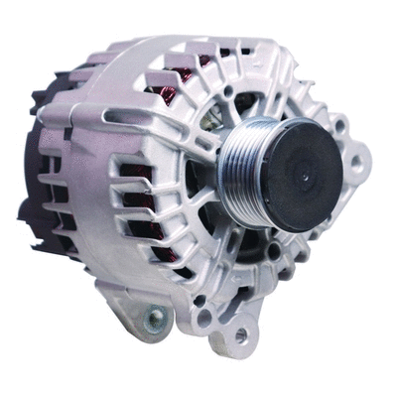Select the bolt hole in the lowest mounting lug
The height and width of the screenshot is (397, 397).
tap(239, 336)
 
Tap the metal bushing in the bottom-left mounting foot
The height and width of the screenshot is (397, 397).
tap(154, 318)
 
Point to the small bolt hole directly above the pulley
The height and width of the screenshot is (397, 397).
tap(229, 91)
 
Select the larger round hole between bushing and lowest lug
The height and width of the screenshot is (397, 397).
tap(203, 318)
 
